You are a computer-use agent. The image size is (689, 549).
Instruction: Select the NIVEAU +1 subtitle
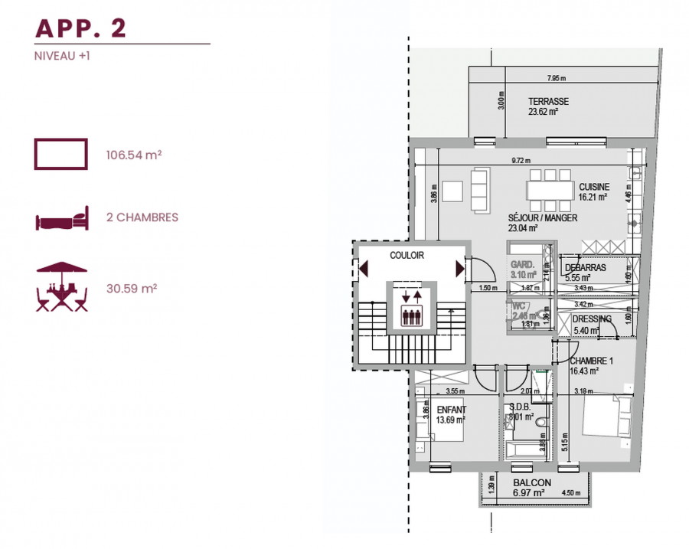63,56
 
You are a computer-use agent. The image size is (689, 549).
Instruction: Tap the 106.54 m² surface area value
133,155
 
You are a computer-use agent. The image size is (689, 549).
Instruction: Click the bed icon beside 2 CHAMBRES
62,219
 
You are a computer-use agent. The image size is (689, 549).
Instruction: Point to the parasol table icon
62,287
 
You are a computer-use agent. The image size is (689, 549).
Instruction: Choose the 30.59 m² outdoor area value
131,289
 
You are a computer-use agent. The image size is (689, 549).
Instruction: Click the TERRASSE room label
548,102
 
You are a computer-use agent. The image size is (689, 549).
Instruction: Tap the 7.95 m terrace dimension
557,79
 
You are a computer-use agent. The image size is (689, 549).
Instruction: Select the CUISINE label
594,187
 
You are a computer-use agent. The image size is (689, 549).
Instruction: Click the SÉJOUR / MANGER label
542,218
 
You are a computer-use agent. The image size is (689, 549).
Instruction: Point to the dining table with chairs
550,188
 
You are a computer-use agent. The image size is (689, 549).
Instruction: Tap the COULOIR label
406,256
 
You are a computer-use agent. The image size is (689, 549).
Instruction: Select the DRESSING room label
592,319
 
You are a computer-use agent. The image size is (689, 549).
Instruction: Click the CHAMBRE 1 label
591,361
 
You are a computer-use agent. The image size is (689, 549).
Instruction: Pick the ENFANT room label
451,410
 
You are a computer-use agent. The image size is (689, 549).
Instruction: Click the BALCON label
531,483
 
